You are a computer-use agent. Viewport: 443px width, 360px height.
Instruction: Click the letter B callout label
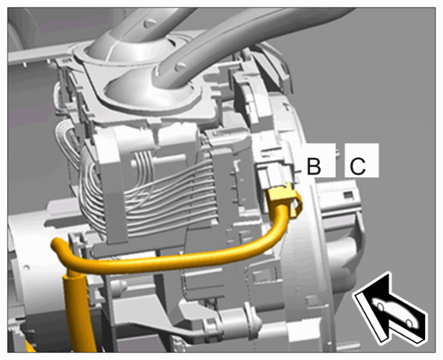(314, 166)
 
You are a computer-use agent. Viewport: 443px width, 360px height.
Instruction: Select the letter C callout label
(358, 166)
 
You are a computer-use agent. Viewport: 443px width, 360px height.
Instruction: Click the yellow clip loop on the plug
(297, 204)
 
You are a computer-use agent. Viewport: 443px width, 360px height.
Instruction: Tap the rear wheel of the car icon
(409, 323)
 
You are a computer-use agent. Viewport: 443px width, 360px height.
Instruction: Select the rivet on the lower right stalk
(180, 67)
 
